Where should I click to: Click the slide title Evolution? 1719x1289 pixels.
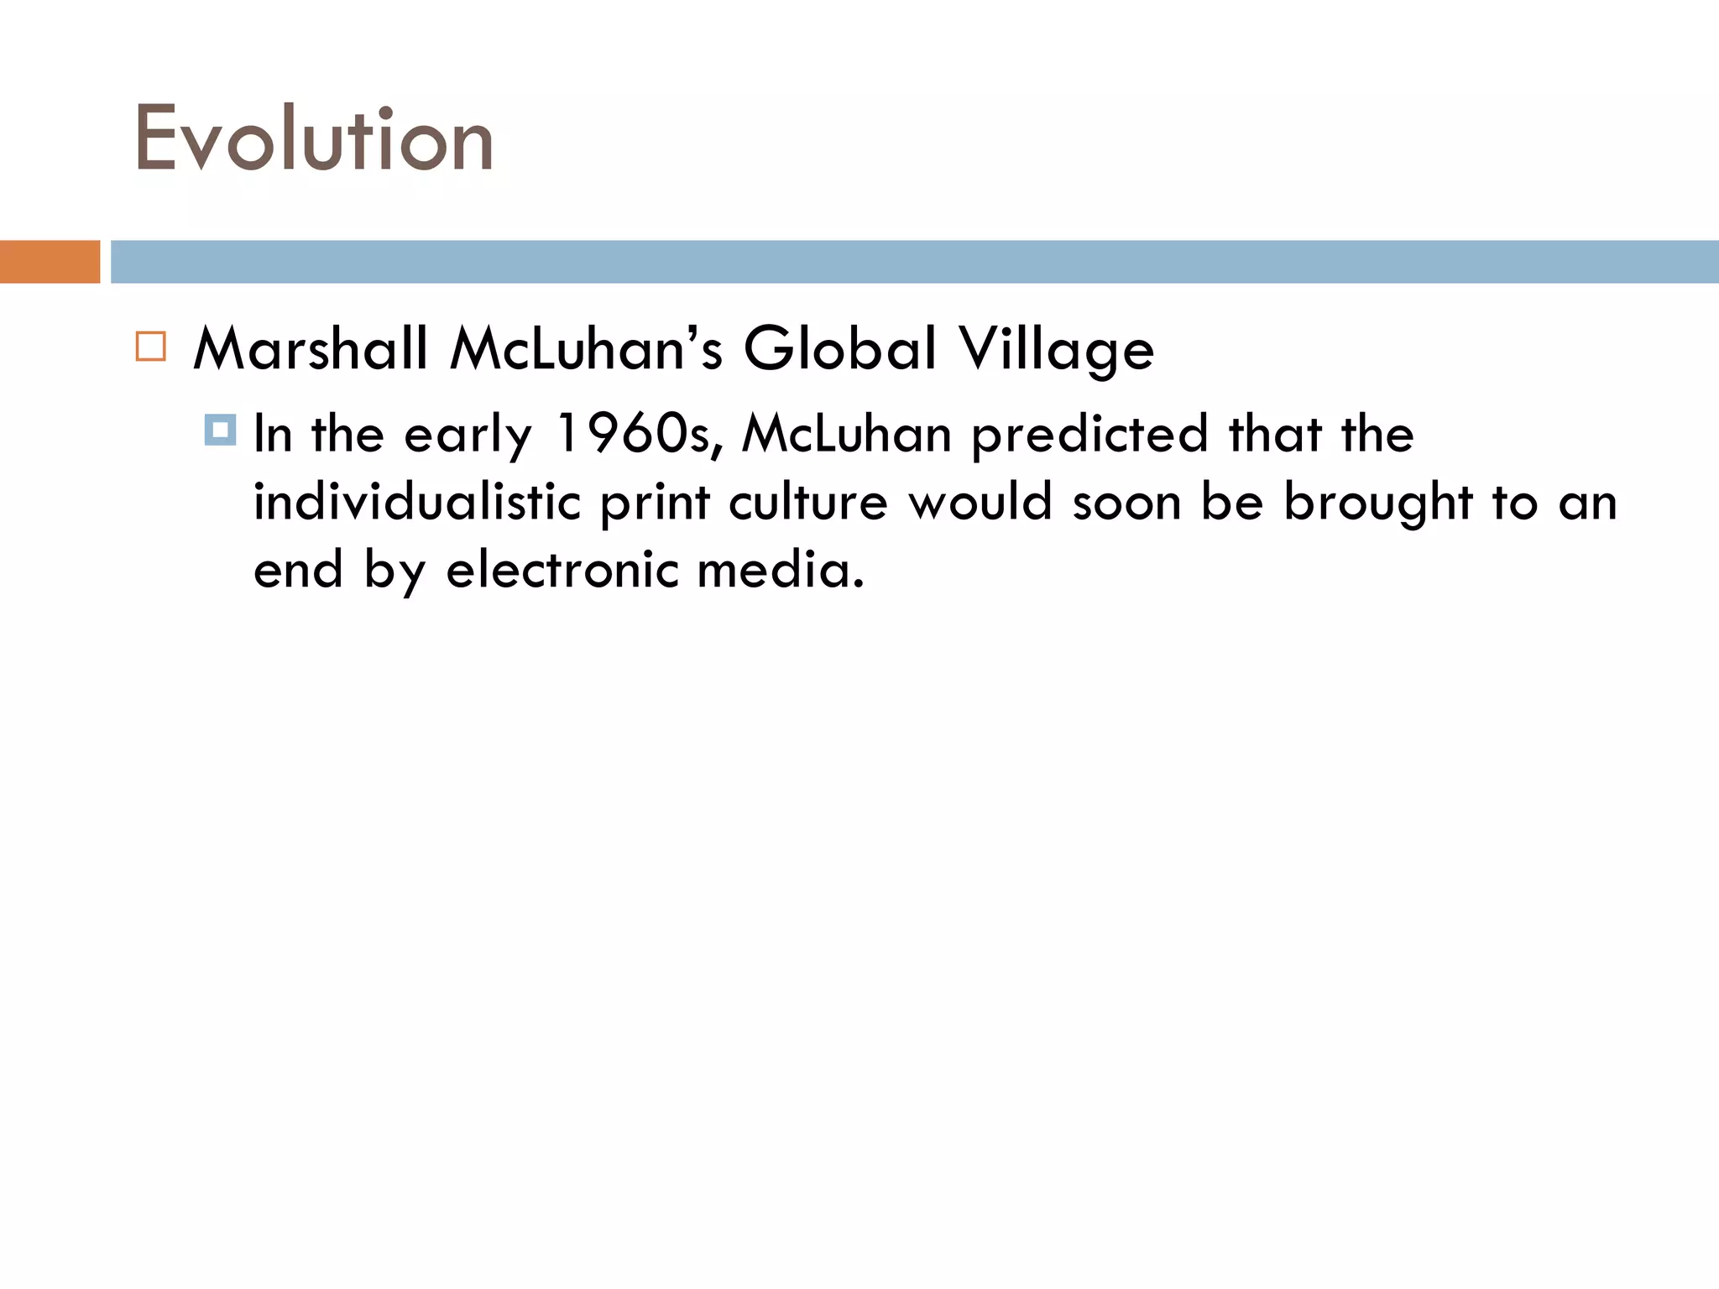pos(314,139)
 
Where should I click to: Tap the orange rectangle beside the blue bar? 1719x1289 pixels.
pos(50,262)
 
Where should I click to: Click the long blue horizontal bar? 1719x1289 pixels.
pos(914,262)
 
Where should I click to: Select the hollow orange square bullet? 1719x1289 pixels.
pos(151,347)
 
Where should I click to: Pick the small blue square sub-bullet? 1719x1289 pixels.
pos(220,431)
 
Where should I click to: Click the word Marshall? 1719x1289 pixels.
pos(311,348)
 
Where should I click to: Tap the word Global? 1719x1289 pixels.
pos(839,348)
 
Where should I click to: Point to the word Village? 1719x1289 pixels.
pos(1057,350)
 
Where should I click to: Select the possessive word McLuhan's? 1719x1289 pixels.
pos(586,348)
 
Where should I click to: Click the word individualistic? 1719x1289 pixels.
pos(417,502)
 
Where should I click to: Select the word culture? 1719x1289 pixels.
pos(807,502)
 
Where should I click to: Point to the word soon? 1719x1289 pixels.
pos(1126,504)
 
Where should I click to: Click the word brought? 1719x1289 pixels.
pos(1378,504)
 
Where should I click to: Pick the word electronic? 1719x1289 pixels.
pos(562,571)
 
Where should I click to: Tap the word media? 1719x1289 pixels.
pos(781,571)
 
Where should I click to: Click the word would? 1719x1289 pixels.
pos(980,502)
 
